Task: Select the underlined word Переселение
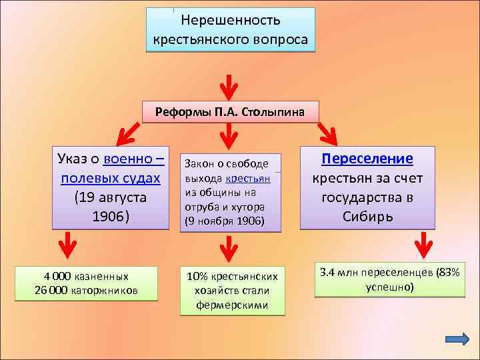[x=367, y=159]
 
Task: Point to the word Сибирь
[x=367, y=217]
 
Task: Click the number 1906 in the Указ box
[x=110, y=217]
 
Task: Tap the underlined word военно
[x=131, y=159]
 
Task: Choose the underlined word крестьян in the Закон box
[x=248, y=179]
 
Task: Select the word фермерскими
[x=232, y=305]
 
